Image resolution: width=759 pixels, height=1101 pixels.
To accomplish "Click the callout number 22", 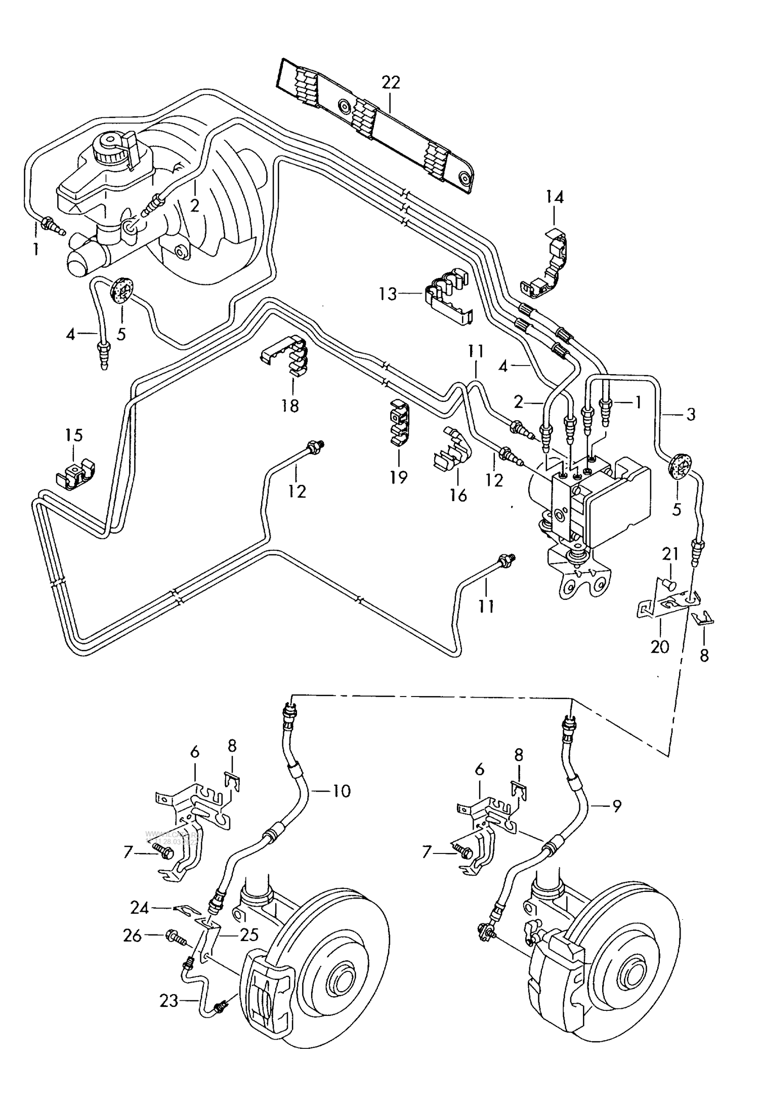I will click(x=391, y=82).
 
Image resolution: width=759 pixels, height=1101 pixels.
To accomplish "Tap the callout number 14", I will click(x=555, y=197).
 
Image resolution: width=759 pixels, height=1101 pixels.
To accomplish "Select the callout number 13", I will click(x=388, y=294).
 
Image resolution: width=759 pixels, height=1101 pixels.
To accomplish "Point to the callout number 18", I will click(x=290, y=405).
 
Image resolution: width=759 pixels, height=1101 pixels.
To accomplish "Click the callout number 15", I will click(x=74, y=435).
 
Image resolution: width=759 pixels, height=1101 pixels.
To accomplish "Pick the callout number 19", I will click(x=399, y=477).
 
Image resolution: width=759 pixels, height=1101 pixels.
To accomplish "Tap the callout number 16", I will click(x=458, y=495).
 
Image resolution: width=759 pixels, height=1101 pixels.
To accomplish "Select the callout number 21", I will click(x=670, y=554).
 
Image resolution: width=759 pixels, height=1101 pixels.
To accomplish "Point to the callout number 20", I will click(x=660, y=646).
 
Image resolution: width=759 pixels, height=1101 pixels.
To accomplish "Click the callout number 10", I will click(x=342, y=791).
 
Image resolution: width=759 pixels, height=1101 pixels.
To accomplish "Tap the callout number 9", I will click(x=616, y=806).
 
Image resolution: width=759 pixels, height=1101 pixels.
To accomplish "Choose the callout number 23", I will click(x=170, y=1001).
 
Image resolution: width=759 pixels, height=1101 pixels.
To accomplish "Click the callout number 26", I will click(x=133, y=936).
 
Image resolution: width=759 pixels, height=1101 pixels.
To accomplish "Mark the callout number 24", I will click(x=139, y=909).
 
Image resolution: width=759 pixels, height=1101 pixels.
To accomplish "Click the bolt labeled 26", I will click(x=174, y=937).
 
